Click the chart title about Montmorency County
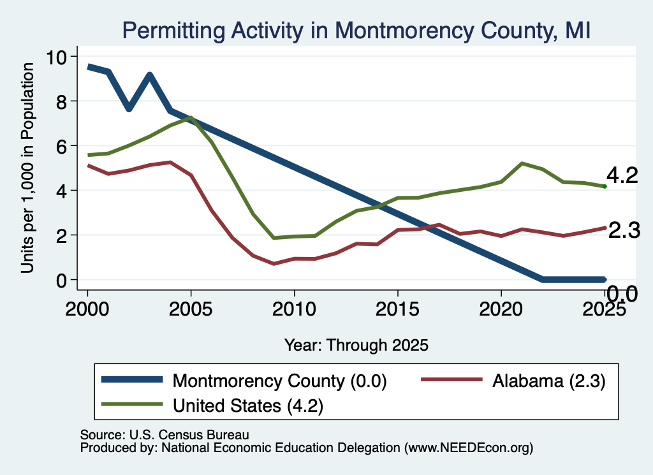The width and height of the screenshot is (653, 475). [356, 31]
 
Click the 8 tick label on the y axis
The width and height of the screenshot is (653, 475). [61, 101]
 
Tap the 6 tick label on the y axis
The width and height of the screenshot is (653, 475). [61, 146]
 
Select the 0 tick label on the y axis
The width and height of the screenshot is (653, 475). [61, 280]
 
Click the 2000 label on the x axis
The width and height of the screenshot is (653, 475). [87, 309]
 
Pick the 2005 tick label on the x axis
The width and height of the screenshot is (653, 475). [191, 309]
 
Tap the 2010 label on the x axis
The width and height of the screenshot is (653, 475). [294, 309]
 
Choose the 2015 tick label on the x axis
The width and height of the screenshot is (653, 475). [397, 309]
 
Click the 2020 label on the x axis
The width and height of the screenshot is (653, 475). [501, 309]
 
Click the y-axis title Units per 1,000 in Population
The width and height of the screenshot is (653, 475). [27, 168]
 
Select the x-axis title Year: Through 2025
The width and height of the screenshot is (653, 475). [356, 345]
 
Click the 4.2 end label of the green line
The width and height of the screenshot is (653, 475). [622, 175]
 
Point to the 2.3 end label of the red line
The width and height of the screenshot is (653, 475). [624, 230]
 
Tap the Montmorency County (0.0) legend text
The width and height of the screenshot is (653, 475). [280, 381]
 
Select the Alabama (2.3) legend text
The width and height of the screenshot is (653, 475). [549, 381]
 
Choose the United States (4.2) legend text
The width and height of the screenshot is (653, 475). [248, 406]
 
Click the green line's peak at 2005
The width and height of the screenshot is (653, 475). [191, 118]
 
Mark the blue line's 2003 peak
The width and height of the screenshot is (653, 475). [149, 75]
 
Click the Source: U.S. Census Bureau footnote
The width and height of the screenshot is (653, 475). [165, 435]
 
